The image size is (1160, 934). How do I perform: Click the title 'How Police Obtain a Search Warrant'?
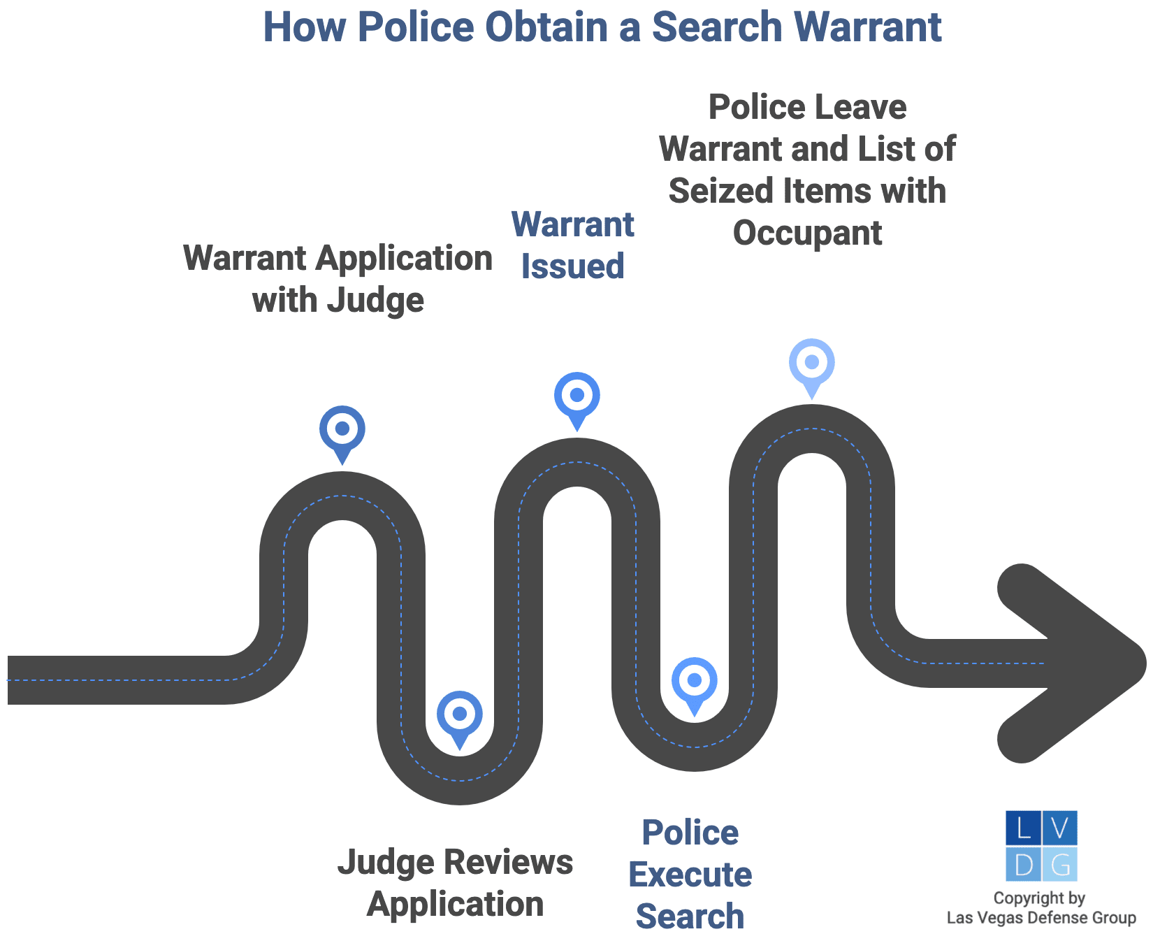click(x=602, y=28)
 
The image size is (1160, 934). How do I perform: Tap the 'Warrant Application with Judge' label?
click(x=338, y=279)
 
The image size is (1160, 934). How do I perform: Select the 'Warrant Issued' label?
click(x=573, y=245)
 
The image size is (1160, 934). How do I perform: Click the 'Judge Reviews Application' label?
click(x=456, y=883)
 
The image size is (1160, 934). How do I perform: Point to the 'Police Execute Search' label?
click(x=690, y=874)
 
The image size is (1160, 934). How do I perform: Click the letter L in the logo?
click(x=1024, y=828)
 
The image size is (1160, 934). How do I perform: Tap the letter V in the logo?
click(x=1060, y=828)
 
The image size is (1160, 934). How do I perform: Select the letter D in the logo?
click(x=1024, y=865)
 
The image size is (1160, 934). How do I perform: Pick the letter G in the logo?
click(x=1060, y=865)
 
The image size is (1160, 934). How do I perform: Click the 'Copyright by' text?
click(x=1039, y=898)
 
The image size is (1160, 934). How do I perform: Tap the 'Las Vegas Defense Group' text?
click(x=1041, y=918)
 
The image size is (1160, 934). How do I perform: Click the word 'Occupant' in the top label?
click(x=807, y=233)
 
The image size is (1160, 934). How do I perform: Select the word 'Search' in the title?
click(x=717, y=28)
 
